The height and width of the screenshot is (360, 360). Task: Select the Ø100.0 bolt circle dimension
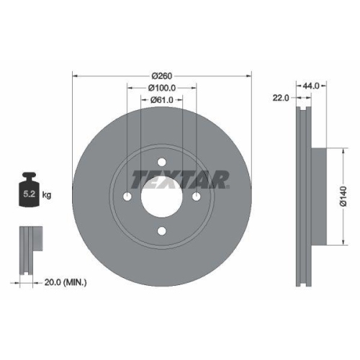pos(162,88)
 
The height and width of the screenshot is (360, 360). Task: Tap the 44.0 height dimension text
pos(312,86)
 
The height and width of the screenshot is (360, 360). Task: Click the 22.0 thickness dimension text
pos(282,98)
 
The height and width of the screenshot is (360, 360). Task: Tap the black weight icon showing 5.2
pos(29,191)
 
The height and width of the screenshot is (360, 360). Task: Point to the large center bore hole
pos(162,197)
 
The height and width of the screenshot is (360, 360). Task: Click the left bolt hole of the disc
pos(127,197)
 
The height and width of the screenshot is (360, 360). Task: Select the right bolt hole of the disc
pos(197,197)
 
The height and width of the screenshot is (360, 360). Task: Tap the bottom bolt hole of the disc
pos(162,231)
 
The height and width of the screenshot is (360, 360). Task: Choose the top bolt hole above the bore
pos(162,163)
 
